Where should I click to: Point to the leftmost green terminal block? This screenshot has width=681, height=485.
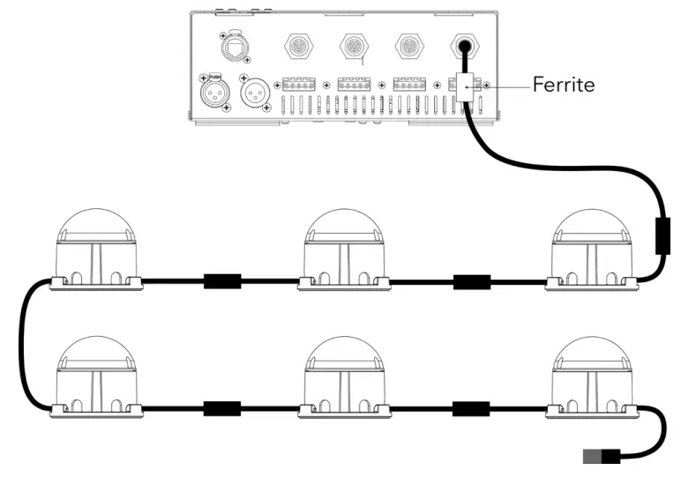click(x=300, y=86)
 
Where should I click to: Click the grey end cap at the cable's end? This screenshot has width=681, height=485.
click(x=594, y=456)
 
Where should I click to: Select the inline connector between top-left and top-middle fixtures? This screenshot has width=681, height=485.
click(x=221, y=283)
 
